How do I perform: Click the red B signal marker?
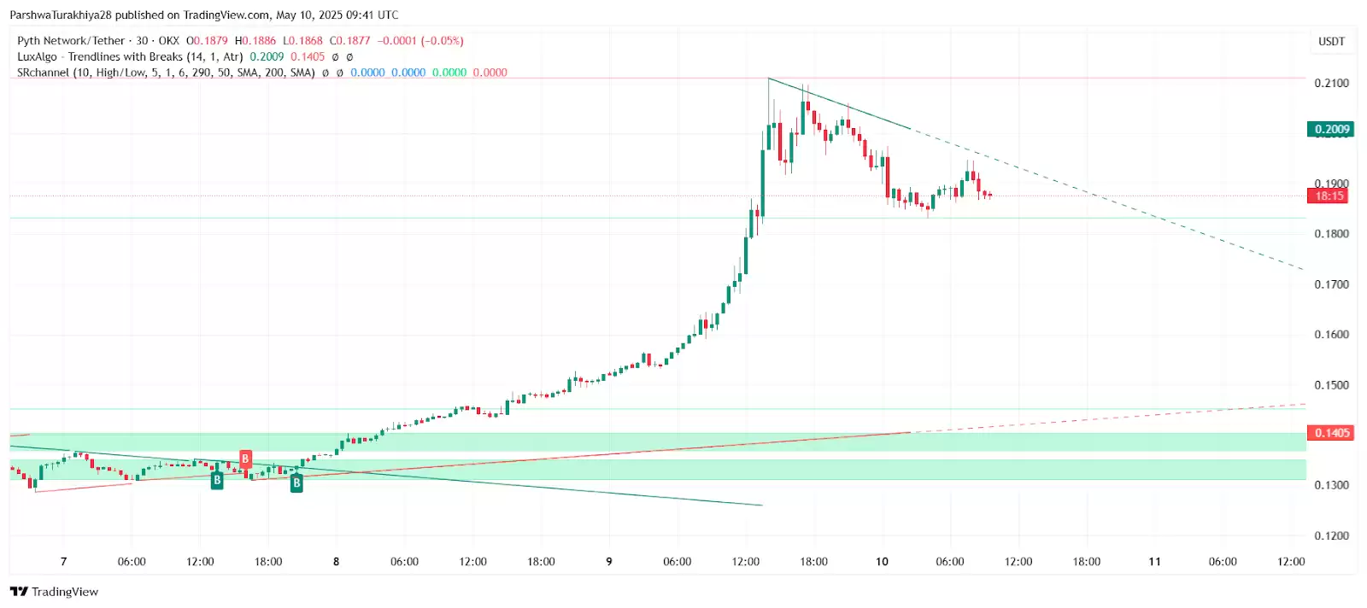pos(245,459)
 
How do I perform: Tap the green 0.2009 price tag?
pos(1331,130)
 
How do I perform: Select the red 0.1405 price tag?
pos(1331,433)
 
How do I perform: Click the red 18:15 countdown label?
pos(1329,196)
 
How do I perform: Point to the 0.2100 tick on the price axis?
pos(1331,83)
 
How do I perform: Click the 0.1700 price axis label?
pos(1331,284)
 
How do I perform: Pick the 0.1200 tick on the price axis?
pos(1331,536)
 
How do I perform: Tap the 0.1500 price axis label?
pos(1331,385)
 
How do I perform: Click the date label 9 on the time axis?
pos(609,562)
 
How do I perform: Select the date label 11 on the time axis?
pos(1154,562)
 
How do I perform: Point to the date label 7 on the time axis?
pos(63,562)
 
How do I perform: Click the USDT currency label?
pos(1331,41)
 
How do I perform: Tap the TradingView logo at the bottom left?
pos(55,592)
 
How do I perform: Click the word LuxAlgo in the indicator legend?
pos(38,57)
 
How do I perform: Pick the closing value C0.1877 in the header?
pos(350,41)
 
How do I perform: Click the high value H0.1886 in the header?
pos(255,41)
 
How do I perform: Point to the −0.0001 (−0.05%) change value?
pos(420,41)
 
